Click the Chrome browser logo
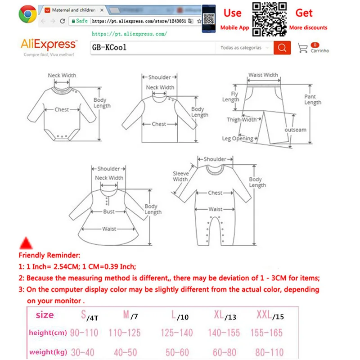click(27, 14)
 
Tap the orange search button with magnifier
click(282, 48)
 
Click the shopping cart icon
click(302, 48)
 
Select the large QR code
click(269, 19)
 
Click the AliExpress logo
click(49, 44)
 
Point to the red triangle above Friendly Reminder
click(26, 243)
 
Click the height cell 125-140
click(176, 333)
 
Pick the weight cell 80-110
click(269, 352)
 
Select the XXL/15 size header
click(270, 315)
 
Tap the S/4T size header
click(90, 315)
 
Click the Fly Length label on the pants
click(231, 97)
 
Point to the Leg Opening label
click(238, 139)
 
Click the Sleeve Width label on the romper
click(181, 176)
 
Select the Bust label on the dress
click(108, 211)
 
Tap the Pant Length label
click(312, 99)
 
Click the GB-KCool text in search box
click(109, 48)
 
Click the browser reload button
click(62, 21)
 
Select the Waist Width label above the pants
click(263, 75)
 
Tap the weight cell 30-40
click(82, 352)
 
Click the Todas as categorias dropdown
click(244, 48)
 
